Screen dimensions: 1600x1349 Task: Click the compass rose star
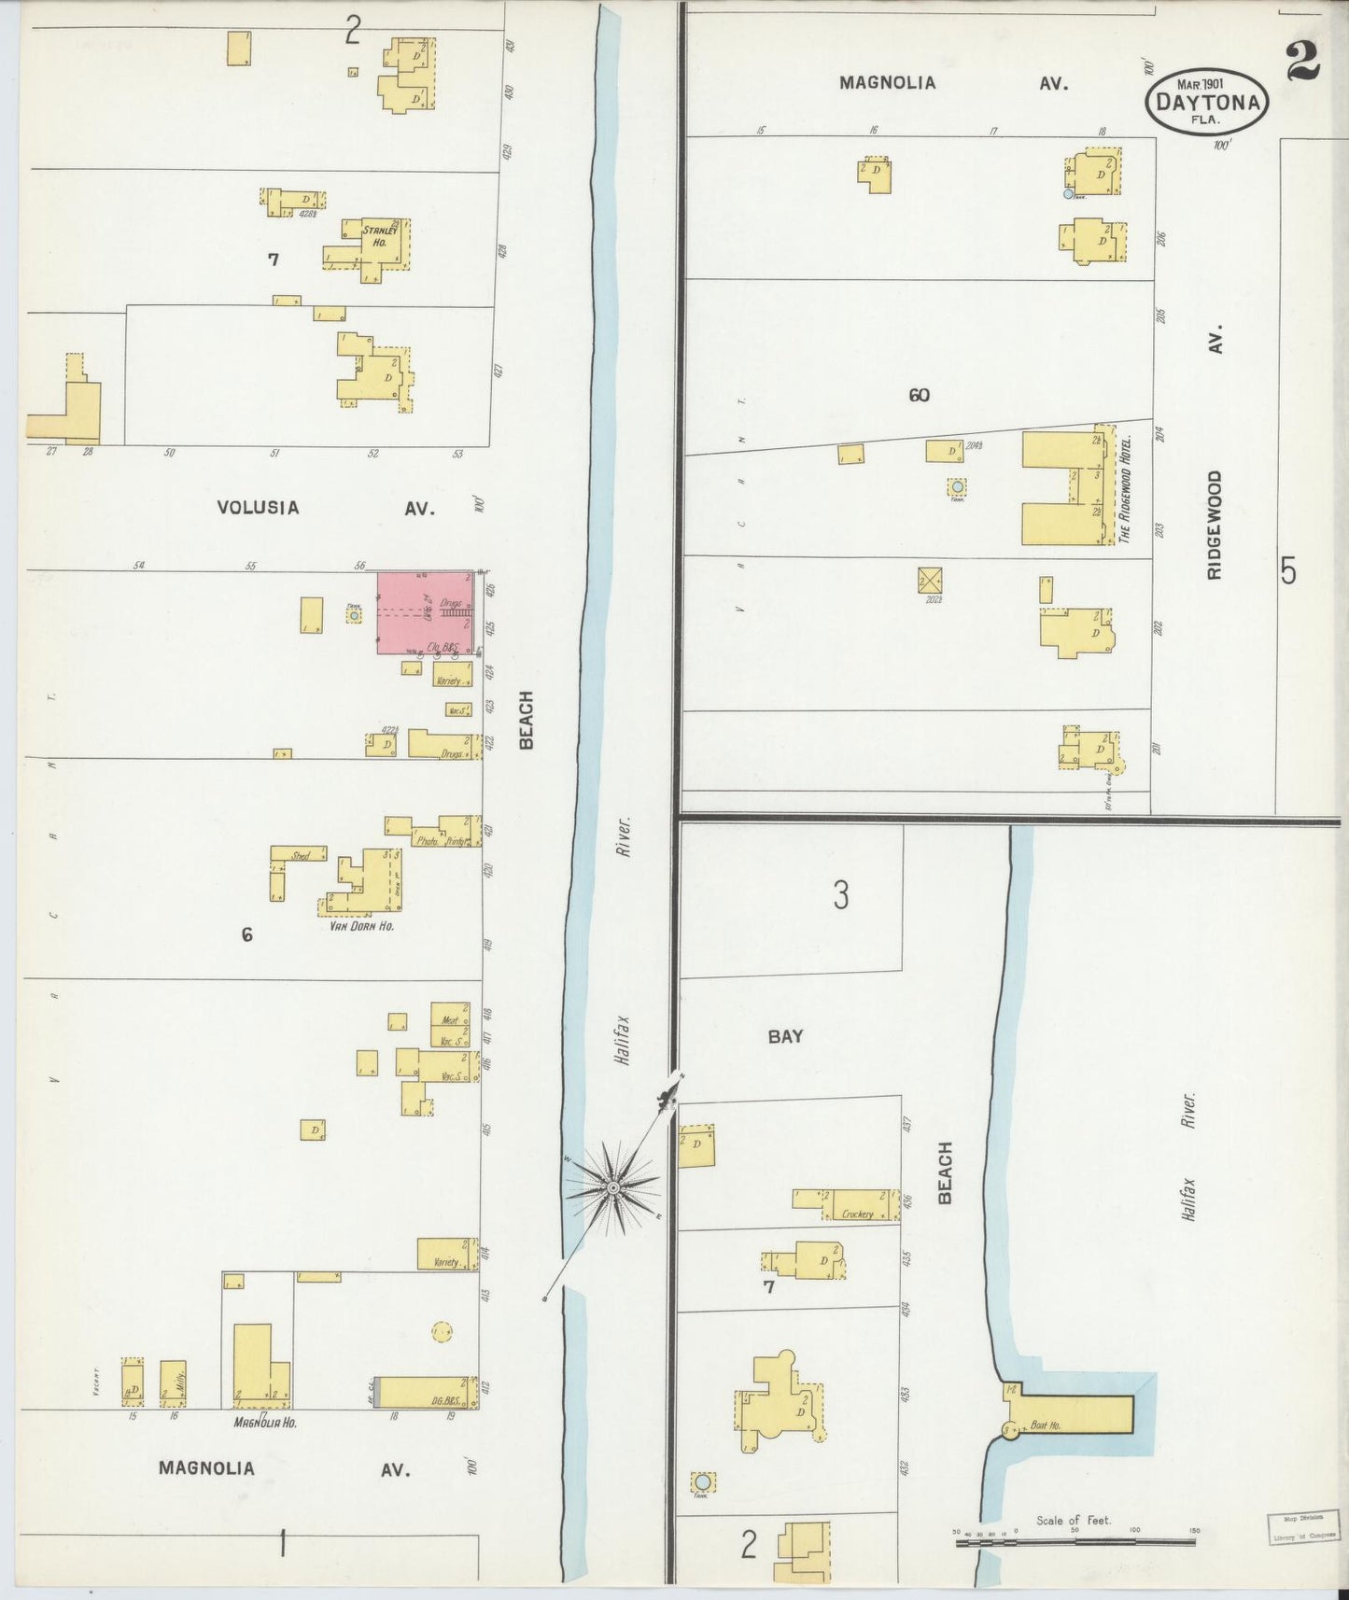[x=613, y=1186]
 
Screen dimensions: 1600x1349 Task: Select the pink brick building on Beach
[x=424, y=612]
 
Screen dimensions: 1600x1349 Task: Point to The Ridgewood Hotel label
[x=1125, y=489]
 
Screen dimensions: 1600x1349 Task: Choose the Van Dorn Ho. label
[x=361, y=927]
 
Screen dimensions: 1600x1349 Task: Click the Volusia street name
[x=258, y=508]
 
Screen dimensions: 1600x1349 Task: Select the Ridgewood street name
[x=1215, y=525]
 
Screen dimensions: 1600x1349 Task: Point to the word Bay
[x=785, y=1036]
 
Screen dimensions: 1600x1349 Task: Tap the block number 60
[x=919, y=395]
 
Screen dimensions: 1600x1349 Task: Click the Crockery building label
[x=857, y=1214]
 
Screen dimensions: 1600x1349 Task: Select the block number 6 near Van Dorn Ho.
[x=246, y=933]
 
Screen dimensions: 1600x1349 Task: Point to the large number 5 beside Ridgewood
[x=1288, y=569]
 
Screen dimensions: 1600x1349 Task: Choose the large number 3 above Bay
[x=841, y=896]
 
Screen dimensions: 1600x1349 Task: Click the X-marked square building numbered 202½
[x=930, y=580]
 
